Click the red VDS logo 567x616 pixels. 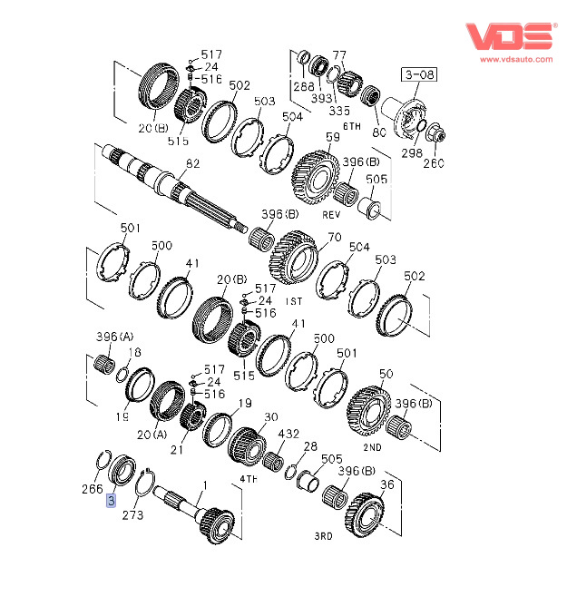[511, 36]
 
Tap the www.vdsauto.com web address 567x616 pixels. [516, 59]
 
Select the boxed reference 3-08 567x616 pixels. [419, 74]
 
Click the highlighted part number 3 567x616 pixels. [112, 501]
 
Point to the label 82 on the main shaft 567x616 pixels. [192, 163]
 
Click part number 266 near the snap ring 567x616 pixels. [92, 489]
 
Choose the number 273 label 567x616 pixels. [132, 514]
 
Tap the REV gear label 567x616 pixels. [331, 215]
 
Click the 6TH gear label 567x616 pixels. [352, 126]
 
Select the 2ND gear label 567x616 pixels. [373, 447]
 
